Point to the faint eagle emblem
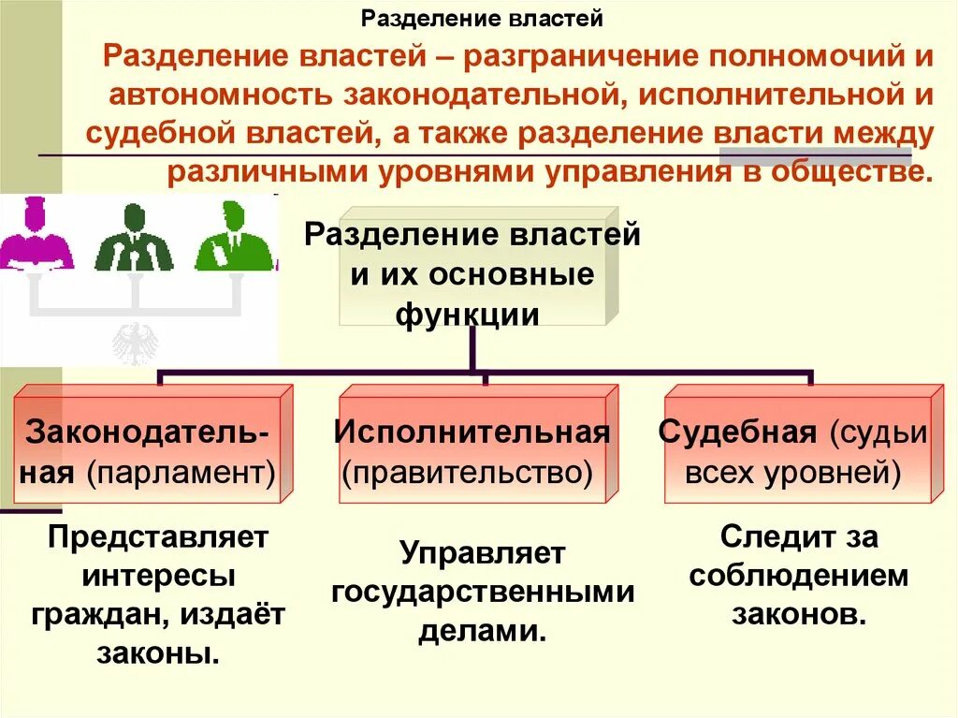[x=136, y=343]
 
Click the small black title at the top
[x=482, y=18]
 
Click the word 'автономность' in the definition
[x=219, y=95]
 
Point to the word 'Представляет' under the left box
[x=158, y=537]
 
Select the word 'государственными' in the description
[x=483, y=592]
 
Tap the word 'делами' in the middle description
[x=481, y=631]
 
